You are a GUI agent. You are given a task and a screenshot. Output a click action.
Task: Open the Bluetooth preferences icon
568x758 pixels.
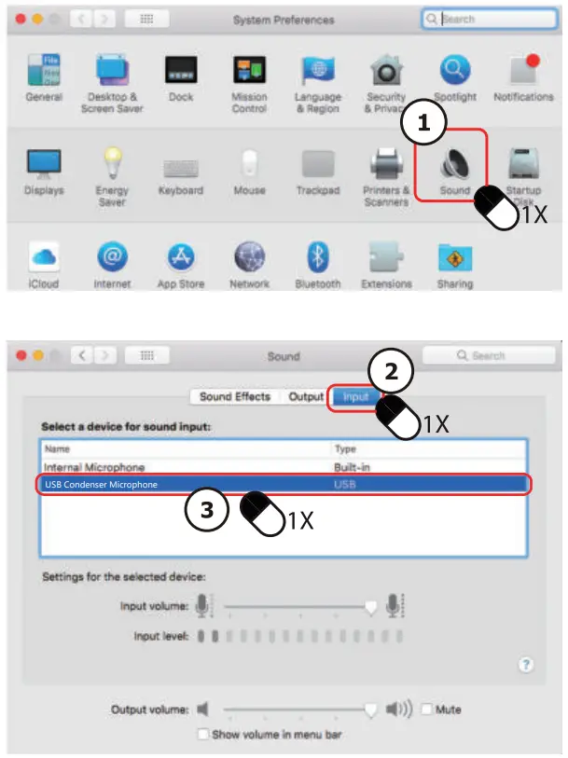tap(317, 256)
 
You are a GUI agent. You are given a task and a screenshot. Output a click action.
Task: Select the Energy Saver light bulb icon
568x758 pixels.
tap(112, 163)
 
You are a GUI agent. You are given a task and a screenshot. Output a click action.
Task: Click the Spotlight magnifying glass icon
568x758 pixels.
tap(455, 71)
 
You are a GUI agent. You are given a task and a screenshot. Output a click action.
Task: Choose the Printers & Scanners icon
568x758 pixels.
tap(385, 165)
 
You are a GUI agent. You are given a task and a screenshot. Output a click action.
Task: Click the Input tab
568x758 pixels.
tap(355, 396)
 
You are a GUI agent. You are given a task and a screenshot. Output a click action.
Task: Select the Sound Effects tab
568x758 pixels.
tap(235, 396)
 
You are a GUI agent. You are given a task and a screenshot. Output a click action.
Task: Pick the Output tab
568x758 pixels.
tap(306, 396)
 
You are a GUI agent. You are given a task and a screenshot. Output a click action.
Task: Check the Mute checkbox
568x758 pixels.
tap(427, 710)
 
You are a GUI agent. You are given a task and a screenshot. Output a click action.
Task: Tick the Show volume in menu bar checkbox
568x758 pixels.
tap(203, 735)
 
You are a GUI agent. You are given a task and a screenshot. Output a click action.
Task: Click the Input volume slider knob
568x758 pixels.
tap(370, 608)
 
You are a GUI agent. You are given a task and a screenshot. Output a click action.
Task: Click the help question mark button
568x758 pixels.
tap(526, 665)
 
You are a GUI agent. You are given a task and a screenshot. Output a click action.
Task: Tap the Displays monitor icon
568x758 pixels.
tap(44, 164)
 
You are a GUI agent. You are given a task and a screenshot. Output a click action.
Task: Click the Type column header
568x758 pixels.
tap(345, 448)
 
